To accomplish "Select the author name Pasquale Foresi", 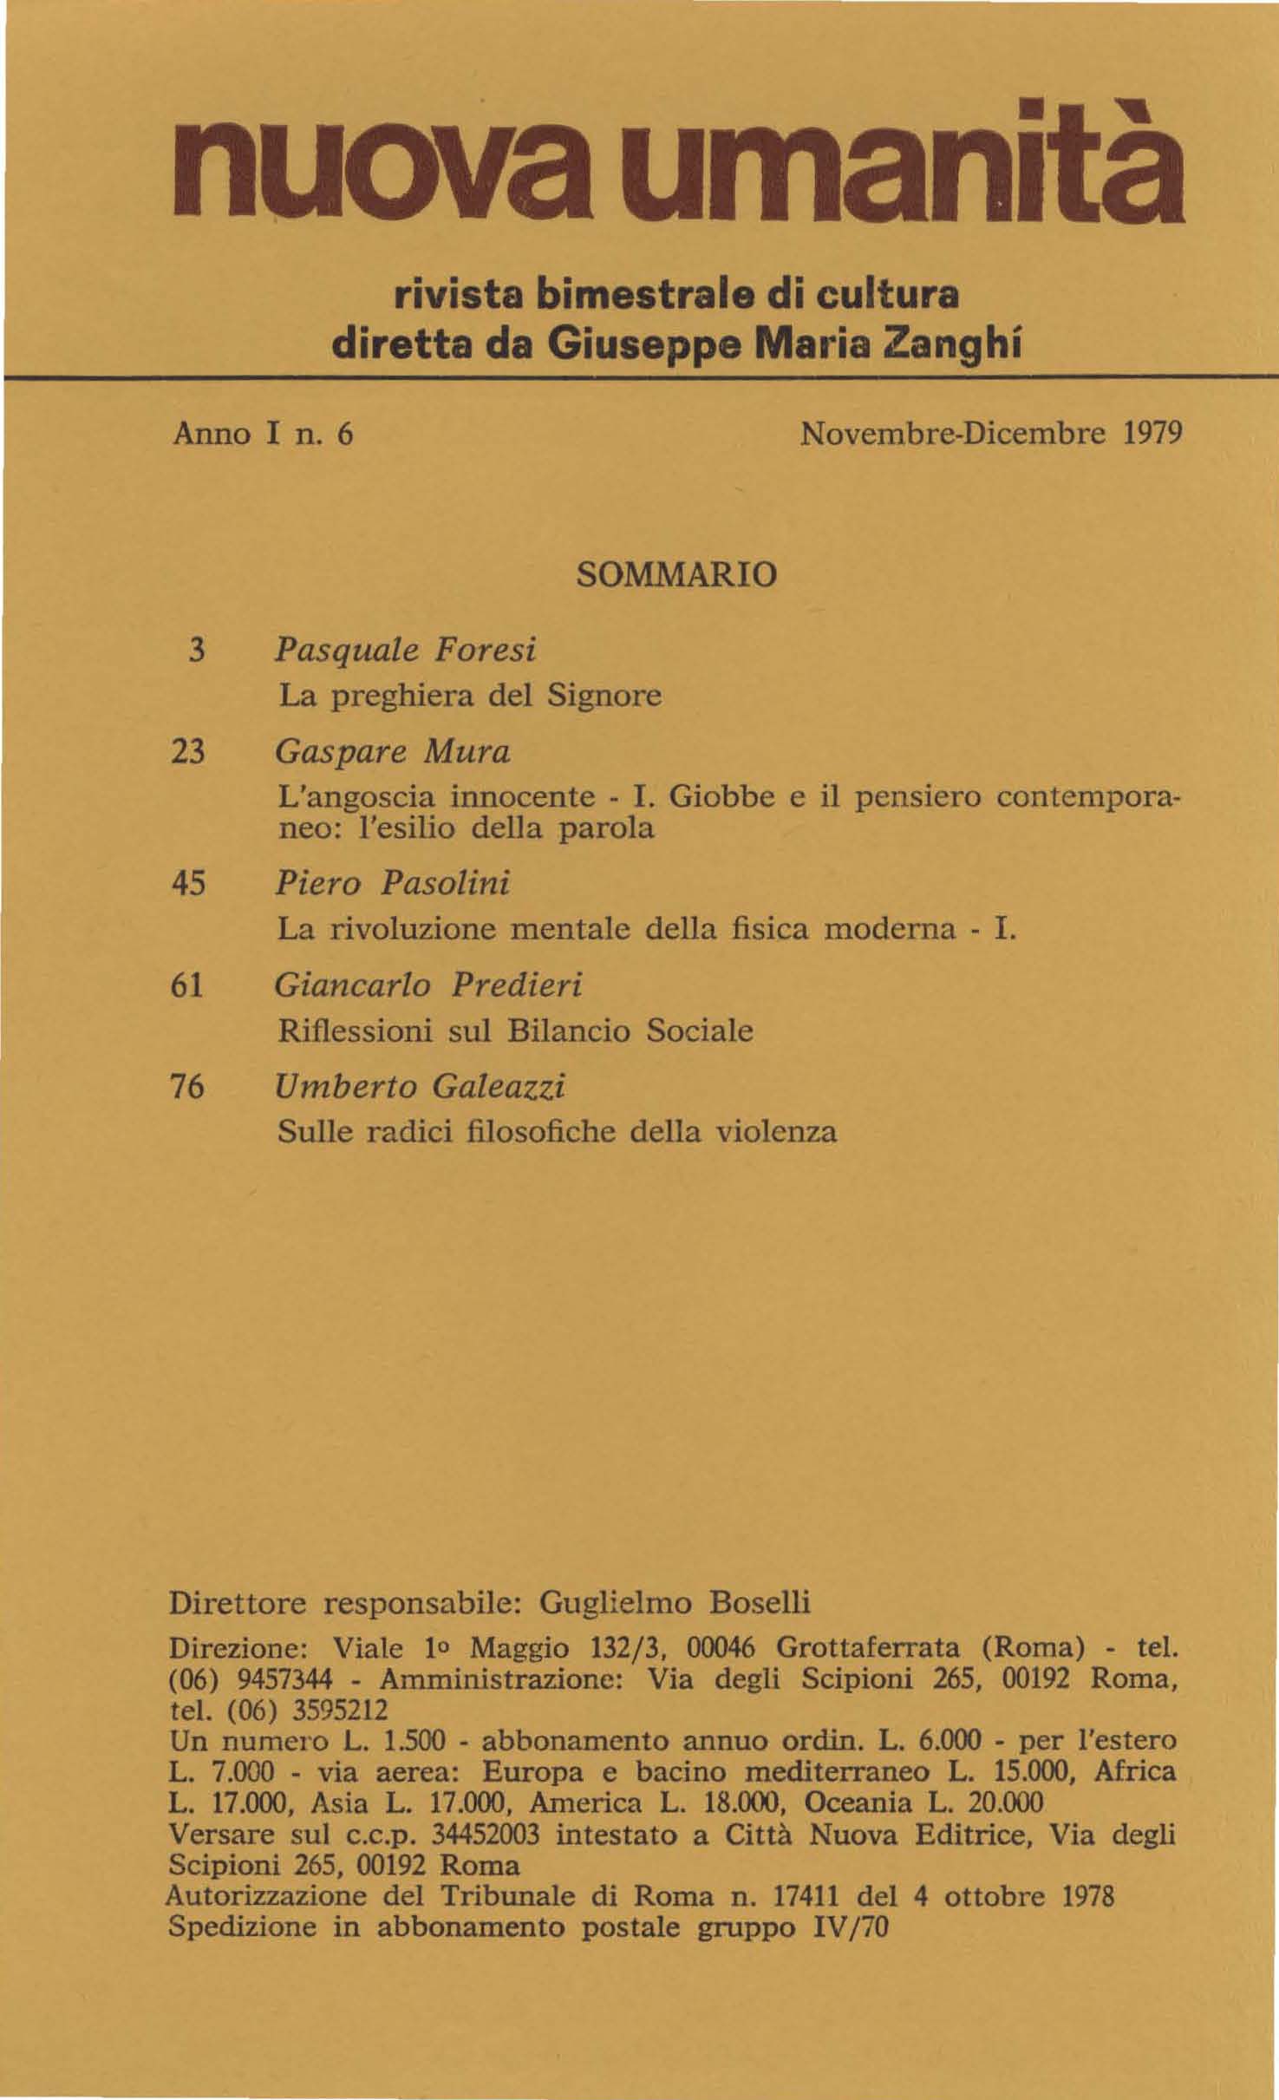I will (x=406, y=650).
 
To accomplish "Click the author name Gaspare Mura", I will (x=393, y=752).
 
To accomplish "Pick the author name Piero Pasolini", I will (x=393, y=883).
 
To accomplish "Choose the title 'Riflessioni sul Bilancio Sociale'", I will (x=515, y=1030).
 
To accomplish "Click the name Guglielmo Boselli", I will (x=675, y=1603).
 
